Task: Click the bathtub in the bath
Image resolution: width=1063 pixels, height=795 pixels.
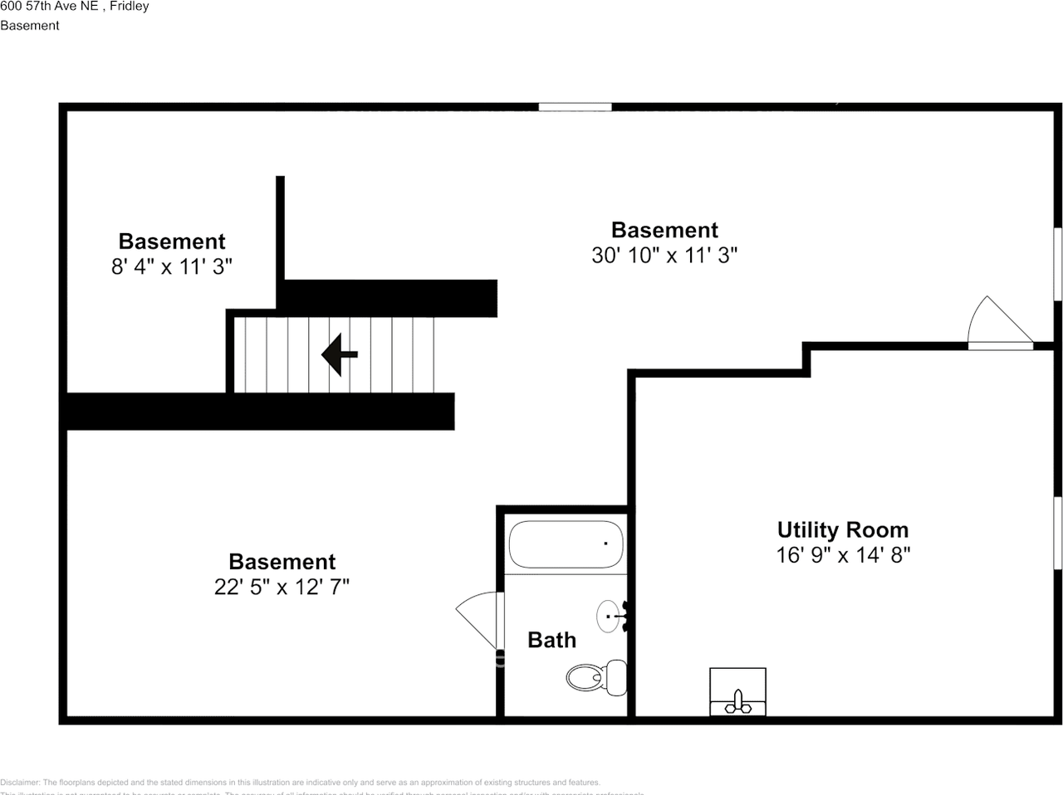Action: click(x=565, y=544)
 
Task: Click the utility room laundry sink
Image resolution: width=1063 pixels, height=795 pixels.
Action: click(x=737, y=690)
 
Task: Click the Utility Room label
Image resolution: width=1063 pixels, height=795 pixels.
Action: click(x=842, y=529)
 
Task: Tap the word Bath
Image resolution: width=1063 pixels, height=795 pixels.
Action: click(x=551, y=640)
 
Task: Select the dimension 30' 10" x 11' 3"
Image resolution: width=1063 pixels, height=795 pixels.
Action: click(x=664, y=255)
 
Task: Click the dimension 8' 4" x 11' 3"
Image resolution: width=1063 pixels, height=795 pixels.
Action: click(x=172, y=266)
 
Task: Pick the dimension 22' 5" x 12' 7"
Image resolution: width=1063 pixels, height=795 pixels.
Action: click(x=282, y=587)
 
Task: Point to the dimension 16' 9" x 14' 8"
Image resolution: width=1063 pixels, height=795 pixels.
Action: click(x=843, y=554)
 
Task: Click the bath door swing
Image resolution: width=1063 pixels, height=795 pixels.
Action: click(x=480, y=618)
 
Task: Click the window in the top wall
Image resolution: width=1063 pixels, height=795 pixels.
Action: click(x=575, y=106)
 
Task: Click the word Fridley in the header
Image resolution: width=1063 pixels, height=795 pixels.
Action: click(x=130, y=7)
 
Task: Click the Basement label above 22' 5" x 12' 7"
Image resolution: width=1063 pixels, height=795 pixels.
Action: click(x=282, y=562)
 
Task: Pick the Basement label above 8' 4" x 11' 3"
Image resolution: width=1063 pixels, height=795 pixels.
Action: click(x=172, y=241)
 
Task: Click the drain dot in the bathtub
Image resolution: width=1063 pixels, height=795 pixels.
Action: click(x=605, y=544)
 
